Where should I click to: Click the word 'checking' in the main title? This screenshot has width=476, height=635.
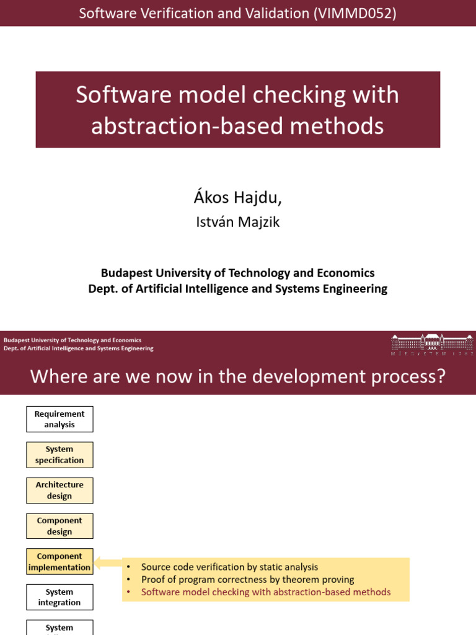coord(302,95)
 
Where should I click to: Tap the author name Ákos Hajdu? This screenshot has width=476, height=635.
coord(237,197)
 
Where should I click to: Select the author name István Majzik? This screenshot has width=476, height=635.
coord(237,222)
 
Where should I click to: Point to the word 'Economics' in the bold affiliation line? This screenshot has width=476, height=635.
coord(345,273)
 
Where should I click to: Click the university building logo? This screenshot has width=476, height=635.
coord(431,343)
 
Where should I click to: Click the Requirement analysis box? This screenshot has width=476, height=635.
coord(59,419)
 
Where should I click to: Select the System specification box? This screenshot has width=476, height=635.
coord(59,455)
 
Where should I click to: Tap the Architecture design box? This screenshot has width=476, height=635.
coord(59,491)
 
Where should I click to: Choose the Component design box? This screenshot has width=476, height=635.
coord(59,526)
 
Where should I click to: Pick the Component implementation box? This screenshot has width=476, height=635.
coord(59,562)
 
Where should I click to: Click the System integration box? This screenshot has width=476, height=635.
coord(59,597)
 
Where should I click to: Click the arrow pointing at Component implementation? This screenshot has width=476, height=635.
coord(108,563)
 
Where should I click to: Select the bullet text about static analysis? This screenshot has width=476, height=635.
coord(229,567)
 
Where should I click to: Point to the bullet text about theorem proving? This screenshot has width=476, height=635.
coord(247,579)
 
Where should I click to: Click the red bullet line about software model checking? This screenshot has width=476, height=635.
coord(266,592)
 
